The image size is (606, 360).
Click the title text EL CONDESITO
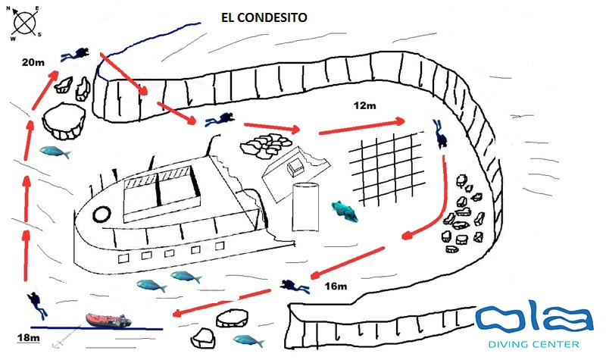click(264, 17)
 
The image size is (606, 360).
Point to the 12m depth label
click(365, 105)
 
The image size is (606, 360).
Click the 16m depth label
click(334, 286)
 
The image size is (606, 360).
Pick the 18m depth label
click(28, 338)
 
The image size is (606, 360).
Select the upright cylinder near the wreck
click(307, 207)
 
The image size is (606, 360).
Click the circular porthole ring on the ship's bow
click(98, 214)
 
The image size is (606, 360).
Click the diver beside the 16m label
click(294, 286)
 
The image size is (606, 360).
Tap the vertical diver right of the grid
click(439, 133)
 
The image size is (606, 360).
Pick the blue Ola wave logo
click(533, 319)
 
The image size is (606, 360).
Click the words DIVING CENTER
click(536, 345)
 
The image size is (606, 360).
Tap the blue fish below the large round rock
click(55, 152)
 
